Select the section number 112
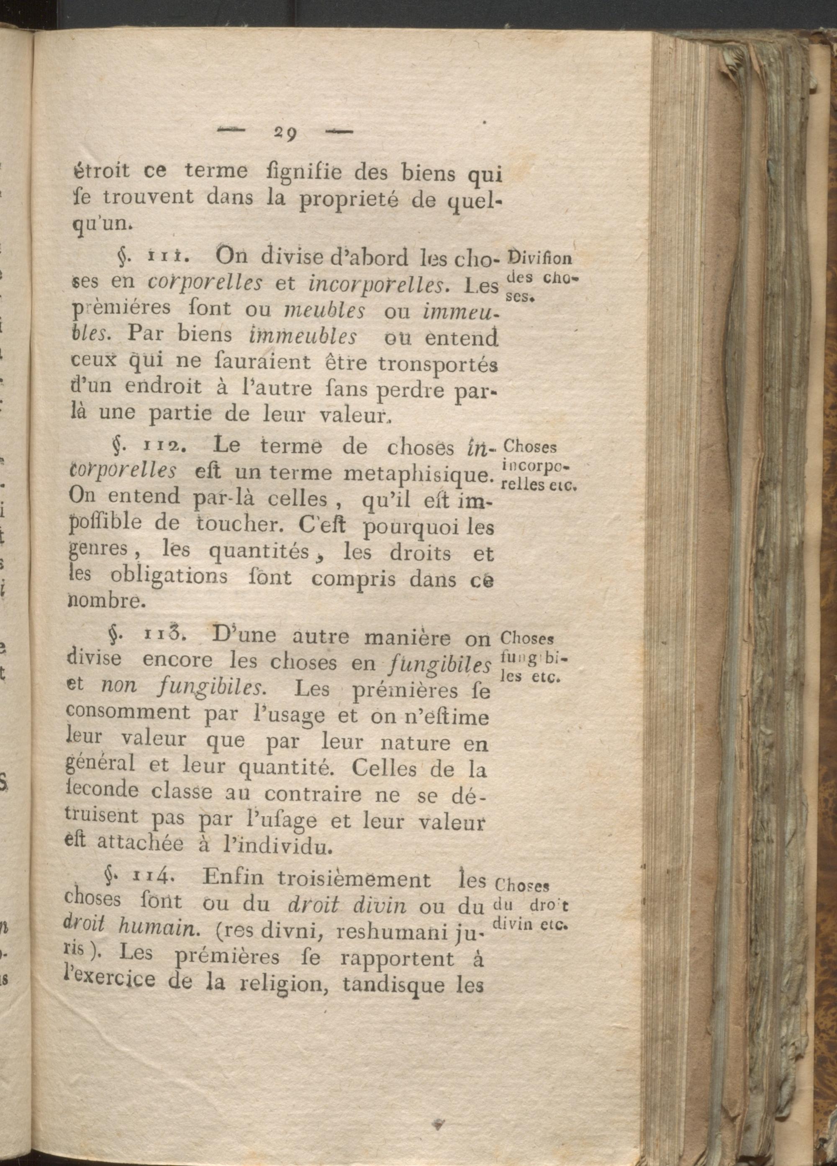pos(162,446)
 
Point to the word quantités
pos(259,552)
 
